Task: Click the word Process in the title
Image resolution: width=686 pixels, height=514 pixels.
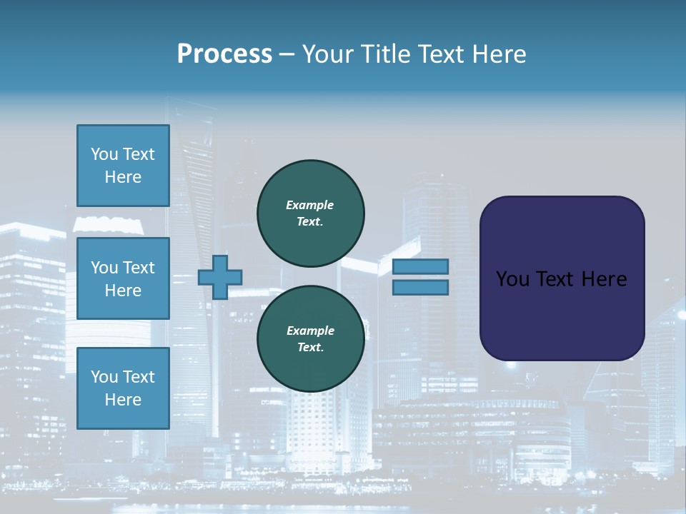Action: pos(224,54)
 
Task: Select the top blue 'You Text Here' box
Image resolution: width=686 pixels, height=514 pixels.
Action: pos(123,166)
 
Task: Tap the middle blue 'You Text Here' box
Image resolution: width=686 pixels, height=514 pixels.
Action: pos(123,278)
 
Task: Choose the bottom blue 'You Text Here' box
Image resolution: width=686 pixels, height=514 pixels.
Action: pos(123,388)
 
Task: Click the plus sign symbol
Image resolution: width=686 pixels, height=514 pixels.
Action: pos(220,277)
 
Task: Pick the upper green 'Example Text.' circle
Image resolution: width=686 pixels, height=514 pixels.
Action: pos(310,213)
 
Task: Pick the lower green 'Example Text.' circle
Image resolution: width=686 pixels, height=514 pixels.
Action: pos(310,339)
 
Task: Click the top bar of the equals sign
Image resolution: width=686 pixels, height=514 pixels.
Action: pos(420,266)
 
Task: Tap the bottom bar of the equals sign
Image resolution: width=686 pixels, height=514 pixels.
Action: pos(420,288)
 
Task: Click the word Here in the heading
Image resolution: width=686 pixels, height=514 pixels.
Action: pos(499,54)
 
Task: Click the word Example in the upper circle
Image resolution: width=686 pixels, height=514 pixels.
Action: pos(310,205)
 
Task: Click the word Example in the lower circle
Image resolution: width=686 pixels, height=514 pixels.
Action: pos(310,331)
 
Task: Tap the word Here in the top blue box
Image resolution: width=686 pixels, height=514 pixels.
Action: pos(123,177)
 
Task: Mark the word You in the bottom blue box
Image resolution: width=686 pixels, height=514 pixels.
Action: pos(104,377)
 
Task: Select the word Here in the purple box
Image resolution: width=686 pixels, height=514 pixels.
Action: pos(605,279)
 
